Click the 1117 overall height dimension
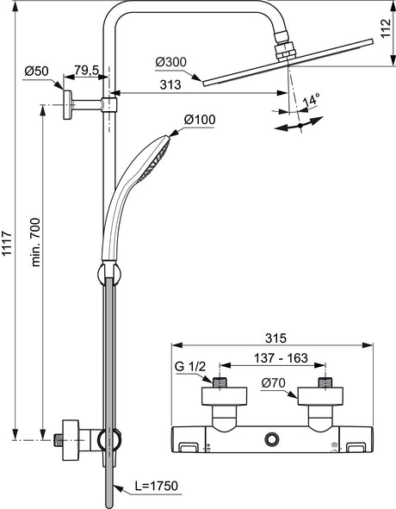click(x=7, y=244)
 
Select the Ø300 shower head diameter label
click(x=171, y=62)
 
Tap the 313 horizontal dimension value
click(x=170, y=84)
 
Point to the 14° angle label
click(x=312, y=100)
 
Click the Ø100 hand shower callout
click(x=200, y=120)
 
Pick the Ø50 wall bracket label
click(x=36, y=71)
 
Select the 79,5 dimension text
click(x=86, y=70)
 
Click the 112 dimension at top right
click(x=386, y=28)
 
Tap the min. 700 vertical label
click(x=35, y=243)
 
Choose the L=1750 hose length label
click(x=157, y=486)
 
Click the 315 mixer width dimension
click(x=275, y=338)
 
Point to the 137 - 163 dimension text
click(x=281, y=358)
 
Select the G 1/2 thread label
click(x=190, y=367)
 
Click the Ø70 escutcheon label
click(x=274, y=383)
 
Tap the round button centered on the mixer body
click(x=272, y=440)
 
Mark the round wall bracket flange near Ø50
click(x=67, y=105)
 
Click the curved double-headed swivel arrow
click(x=300, y=125)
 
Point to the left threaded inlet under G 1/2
click(x=220, y=382)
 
